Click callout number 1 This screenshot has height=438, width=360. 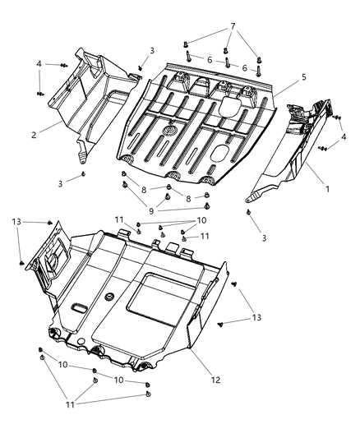click(327, 189)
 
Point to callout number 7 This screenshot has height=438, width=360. click(233, 27)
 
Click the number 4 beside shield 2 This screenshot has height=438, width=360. click(38, 63)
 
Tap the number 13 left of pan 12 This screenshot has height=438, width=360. click(16, 221)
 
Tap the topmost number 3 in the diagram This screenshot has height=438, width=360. click(151, 51)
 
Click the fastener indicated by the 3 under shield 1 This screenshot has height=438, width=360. click(247, 212)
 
